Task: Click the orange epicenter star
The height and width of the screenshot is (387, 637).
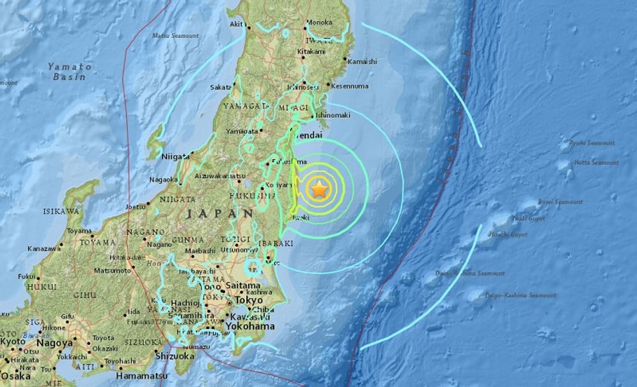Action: click(318, 189)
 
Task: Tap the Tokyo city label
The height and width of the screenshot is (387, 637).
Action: click(249, 300)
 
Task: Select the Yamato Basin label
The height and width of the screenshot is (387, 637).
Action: click(70, 72)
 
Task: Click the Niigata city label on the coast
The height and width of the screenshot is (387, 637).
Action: click(176, 156)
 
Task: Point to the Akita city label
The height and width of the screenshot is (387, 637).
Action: click(237, 25)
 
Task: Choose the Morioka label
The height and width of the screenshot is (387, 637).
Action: click(320, 22)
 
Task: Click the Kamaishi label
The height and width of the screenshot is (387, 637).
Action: click(363, 62)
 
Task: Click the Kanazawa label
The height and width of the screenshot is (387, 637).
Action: click(44, 248)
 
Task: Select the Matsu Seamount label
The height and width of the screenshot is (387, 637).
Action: click(176, 36)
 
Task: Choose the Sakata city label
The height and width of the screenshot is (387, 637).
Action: click(221, 87)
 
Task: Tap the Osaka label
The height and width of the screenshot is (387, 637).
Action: click(15, 377)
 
